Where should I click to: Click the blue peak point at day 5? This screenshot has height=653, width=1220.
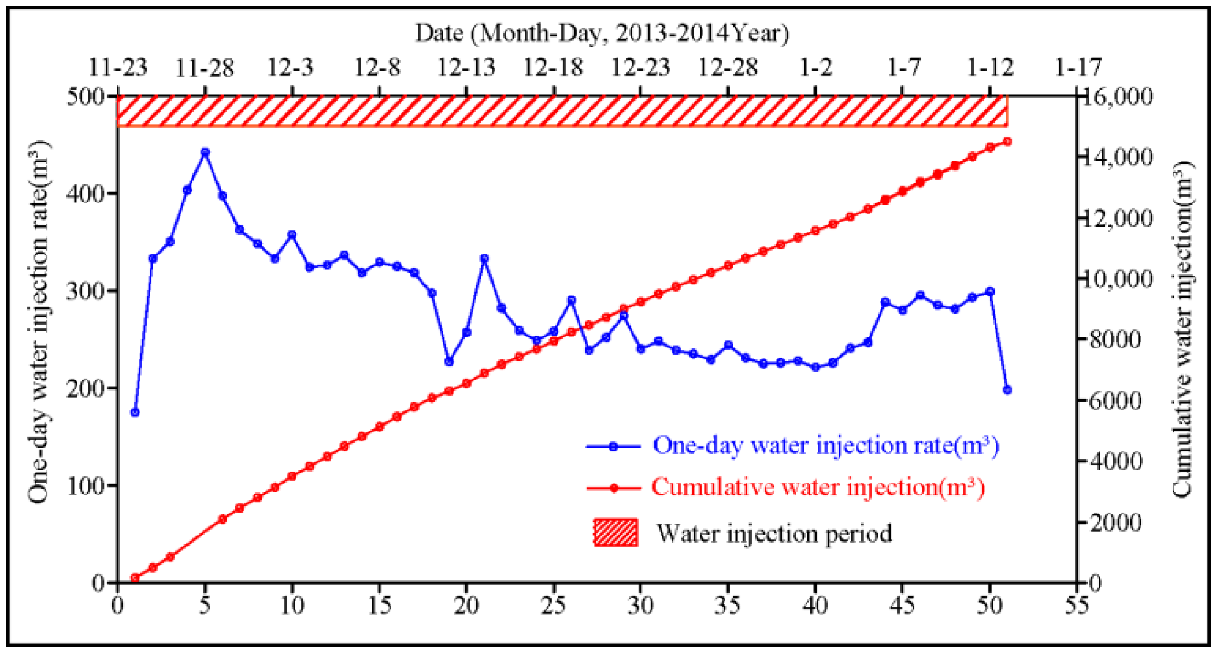click(x=205, y=153)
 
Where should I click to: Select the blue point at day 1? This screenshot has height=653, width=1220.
click(x=135, y=412)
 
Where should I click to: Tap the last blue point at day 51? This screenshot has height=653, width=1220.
click(x=1007, y=390)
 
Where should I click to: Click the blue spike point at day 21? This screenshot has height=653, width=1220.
click(x=484, y=258)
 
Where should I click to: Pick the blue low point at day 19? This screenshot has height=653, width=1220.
click(x=449, y=361)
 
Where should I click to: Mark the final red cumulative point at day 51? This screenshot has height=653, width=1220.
click(x=1007, y=142)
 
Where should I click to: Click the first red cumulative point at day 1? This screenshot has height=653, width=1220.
click(x=135, y=577)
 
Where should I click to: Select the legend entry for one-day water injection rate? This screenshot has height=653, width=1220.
click(x=825, y=446)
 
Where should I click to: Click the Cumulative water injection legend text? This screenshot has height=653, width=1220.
click(x=818, y=487)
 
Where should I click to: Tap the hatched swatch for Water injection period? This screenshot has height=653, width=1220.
click(x=615, y=532)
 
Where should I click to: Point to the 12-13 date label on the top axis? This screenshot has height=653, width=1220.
click(x=466, y=68)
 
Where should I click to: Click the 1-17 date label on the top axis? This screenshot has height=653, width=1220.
click(x=1078, y=68)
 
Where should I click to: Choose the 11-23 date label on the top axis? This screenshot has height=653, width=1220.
click(x=117, y=68)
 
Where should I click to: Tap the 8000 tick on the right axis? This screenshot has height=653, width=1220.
click(x=1115, y=339)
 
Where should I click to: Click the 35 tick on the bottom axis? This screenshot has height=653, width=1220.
click(x=727, y=606)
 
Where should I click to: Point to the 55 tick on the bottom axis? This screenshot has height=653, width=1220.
click(x=1076, y=606)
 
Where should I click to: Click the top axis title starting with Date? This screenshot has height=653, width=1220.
click(x=602, y=33)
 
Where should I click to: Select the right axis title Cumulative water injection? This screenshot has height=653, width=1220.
click(x=1182, y=329)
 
